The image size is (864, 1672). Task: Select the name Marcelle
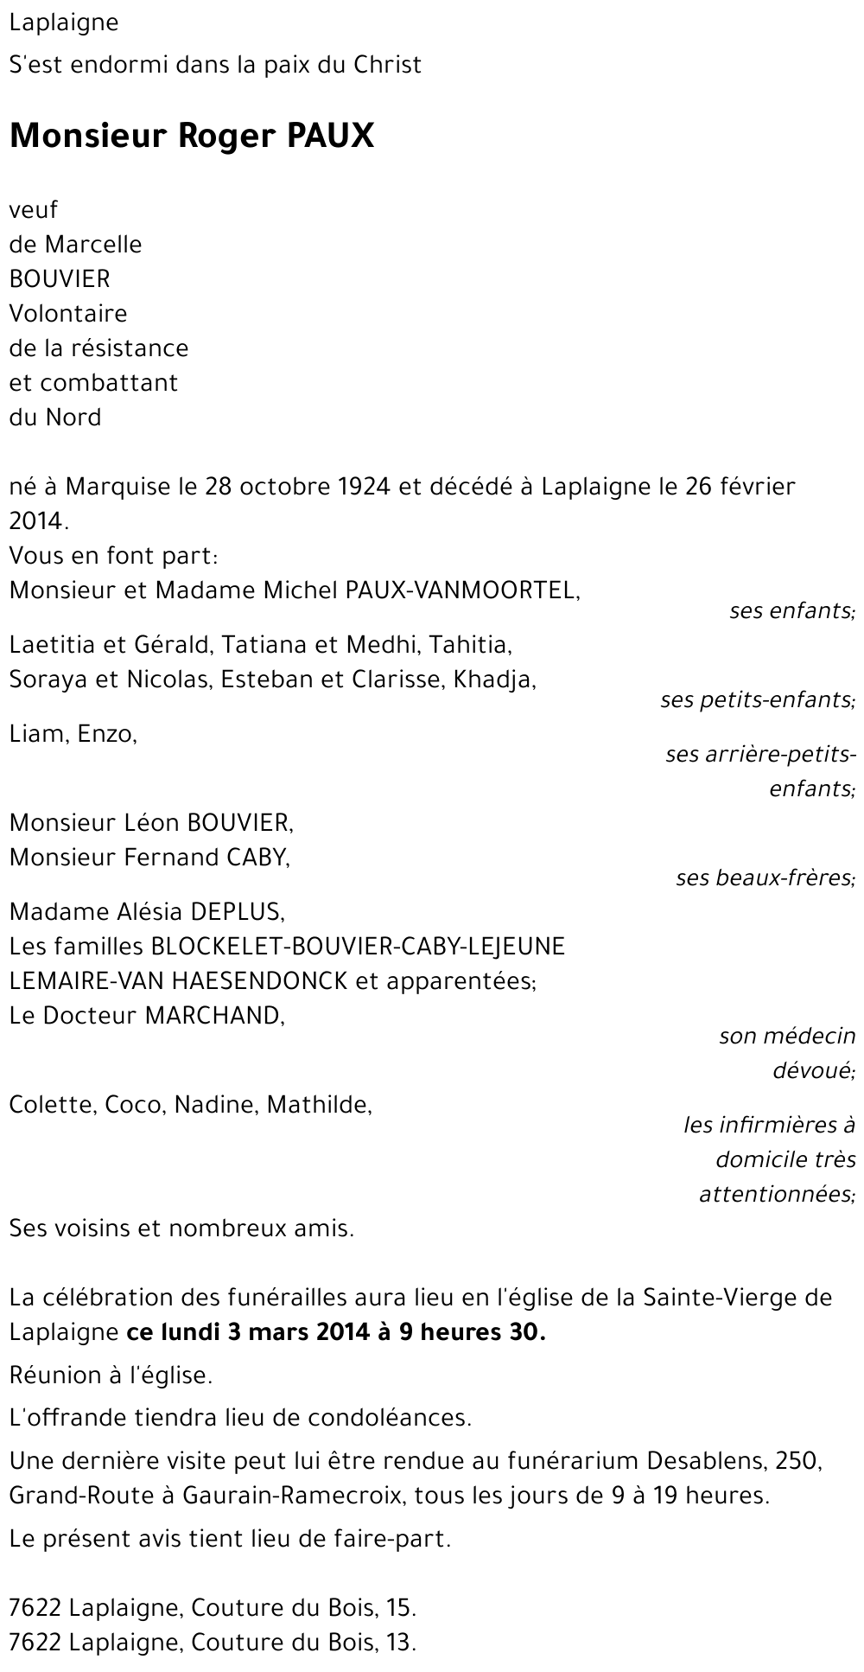(93, 245)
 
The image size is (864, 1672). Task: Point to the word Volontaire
(68, 314)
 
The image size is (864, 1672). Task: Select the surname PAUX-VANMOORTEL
(461, 590)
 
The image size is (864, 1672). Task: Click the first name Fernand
(170, 858)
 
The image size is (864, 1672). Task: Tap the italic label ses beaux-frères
(766, 878)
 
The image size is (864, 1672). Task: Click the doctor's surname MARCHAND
(214, 1016)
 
